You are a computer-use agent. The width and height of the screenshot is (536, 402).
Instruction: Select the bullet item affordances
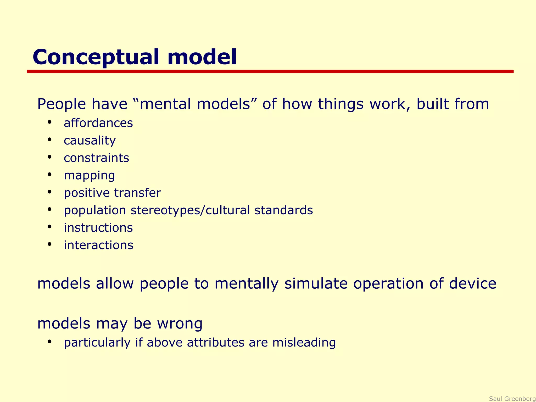click(98, 123)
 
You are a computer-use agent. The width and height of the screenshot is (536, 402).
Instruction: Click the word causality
click(90, 141)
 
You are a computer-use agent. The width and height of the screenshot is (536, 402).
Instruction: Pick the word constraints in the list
click(96, 158)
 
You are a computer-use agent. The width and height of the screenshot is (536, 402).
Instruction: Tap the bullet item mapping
click(89, 176)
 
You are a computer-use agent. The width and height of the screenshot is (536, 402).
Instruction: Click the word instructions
click(98, 228)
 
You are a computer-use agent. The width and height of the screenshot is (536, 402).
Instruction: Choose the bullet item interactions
click(98, 245)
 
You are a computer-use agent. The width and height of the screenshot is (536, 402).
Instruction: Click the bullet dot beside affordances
click(49, 122)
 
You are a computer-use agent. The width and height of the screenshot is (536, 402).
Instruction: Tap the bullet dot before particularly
click(49, 342)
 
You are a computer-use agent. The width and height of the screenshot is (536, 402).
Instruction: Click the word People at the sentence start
click(62, 104)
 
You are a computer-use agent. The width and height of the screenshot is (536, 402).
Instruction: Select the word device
click(472, 284)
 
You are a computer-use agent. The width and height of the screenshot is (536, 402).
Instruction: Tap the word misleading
click(304, 343)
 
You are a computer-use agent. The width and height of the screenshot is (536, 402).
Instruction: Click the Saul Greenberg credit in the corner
click(512, 399)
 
